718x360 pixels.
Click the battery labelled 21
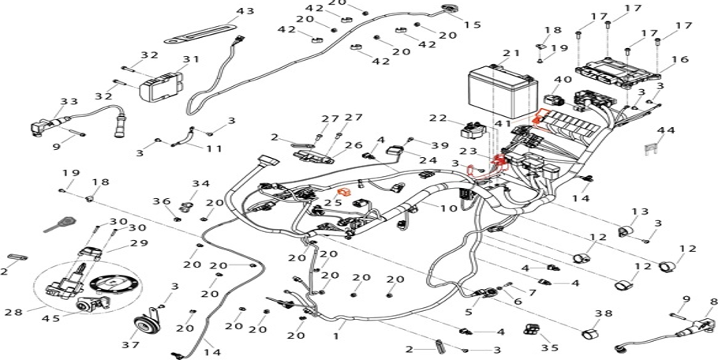click(503, 93)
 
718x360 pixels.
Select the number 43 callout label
click(245, 11)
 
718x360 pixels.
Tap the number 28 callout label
click(13, 313)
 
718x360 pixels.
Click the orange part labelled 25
click(344, 192)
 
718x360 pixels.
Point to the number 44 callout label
click(666, 130)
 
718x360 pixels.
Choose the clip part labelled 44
click(654, 149)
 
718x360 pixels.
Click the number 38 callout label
click(604, 313)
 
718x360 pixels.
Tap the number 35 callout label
click(549, 348)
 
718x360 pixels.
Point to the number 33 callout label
click(69, 101)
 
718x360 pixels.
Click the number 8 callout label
click(713, 302)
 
